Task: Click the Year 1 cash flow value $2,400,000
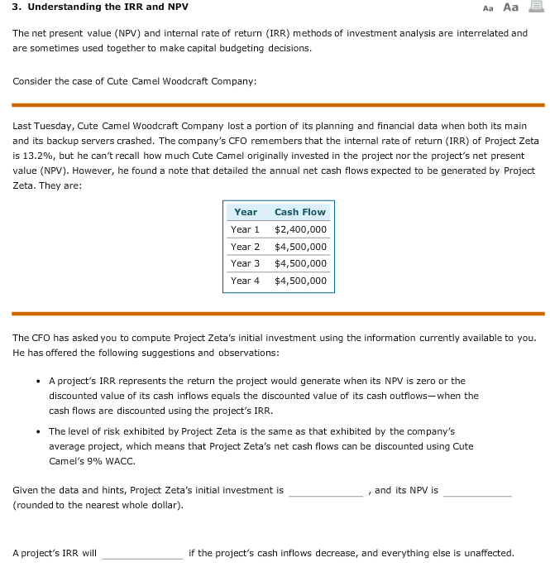(x=300, y=229)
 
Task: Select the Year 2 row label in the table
(x=245, y=247)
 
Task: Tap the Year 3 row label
(x=245, y=263)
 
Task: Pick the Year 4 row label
(x=245, y=281)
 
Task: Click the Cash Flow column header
(x=300, y=212)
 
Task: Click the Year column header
(x=246, y=212)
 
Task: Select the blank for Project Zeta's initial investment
(x=325, y=490)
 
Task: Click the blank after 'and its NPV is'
(x=477, y=490)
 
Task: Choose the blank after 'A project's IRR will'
(x=142, y=553)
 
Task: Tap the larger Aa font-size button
(x=510, y=7)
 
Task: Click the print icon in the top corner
(x=538, y=7)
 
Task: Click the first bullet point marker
(x=40, y=382)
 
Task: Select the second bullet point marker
(x=40, y=432)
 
